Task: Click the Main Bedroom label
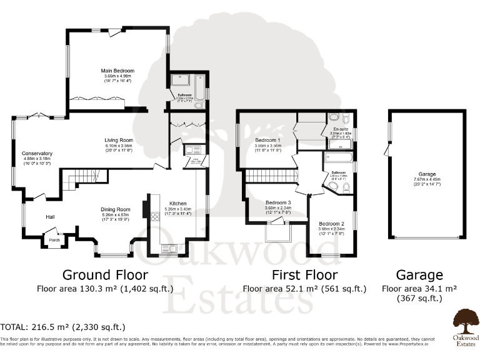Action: coord(118,71)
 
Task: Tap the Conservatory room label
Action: coord(36,153)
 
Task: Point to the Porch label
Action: coord(54,237)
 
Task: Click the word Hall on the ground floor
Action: coord(51,217)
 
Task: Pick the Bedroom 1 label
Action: coord(267,140)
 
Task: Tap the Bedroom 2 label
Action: coord(332,223)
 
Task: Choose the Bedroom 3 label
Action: coord(278,203)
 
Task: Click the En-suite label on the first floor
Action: coord(341,129)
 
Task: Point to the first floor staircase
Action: coord(268,178)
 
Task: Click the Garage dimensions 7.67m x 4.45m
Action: coord(427,179)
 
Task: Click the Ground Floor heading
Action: coord(105,275)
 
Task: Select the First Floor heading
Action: coord(304,275)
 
